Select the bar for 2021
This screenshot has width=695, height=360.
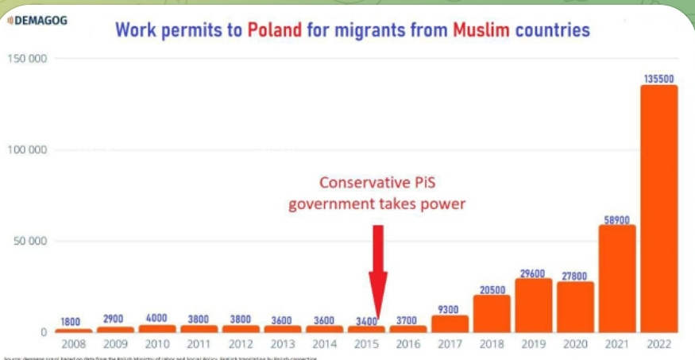tap(617, 278)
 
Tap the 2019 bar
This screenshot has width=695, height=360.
tap(534, 305)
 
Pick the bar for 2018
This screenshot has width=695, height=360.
tap(492, 313)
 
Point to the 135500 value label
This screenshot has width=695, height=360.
tap(659, 78)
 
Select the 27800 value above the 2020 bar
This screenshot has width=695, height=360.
tap(575, 274)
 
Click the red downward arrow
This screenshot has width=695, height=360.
tap(378, 270)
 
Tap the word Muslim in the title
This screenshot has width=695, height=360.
tap(481, 31)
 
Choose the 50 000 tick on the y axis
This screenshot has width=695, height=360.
tap(30, 242)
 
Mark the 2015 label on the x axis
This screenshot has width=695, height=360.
tap(366, 345)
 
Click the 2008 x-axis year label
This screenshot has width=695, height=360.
tap(73, 345)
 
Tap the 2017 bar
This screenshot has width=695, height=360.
tap(450, 323)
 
